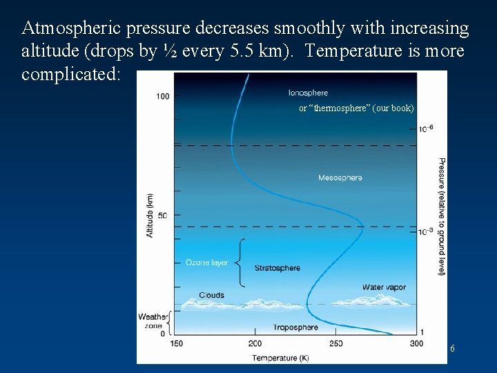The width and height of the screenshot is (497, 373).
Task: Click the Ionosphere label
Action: (x=308, y=93)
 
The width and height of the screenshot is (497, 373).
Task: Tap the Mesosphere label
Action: (x=340, y=178)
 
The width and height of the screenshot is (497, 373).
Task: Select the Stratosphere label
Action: (x=277, y=268)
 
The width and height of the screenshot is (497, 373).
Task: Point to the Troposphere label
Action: (x=295, y=327)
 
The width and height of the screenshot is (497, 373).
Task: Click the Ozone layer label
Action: (x=206, y=262)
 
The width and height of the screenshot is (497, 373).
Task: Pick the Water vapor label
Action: (x=384, y=287)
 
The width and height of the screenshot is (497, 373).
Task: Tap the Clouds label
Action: (x=211, y=295)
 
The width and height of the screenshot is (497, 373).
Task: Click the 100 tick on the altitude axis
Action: (x=162, y=96)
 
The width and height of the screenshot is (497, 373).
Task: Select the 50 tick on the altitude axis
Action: (x=162, y=216)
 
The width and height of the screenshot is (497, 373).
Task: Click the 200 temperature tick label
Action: (x=255, y=344)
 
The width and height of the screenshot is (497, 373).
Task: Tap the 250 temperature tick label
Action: (x=335, y=344)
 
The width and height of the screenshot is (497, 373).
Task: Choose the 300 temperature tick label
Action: (x=416, y=344)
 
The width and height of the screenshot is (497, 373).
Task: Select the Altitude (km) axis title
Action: (x=150, y=215)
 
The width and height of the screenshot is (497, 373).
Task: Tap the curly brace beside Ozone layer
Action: (x=240, y=262)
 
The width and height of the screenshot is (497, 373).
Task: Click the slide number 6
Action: (x=452, y=349)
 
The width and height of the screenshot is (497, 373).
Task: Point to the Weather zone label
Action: (x=152, y=321)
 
